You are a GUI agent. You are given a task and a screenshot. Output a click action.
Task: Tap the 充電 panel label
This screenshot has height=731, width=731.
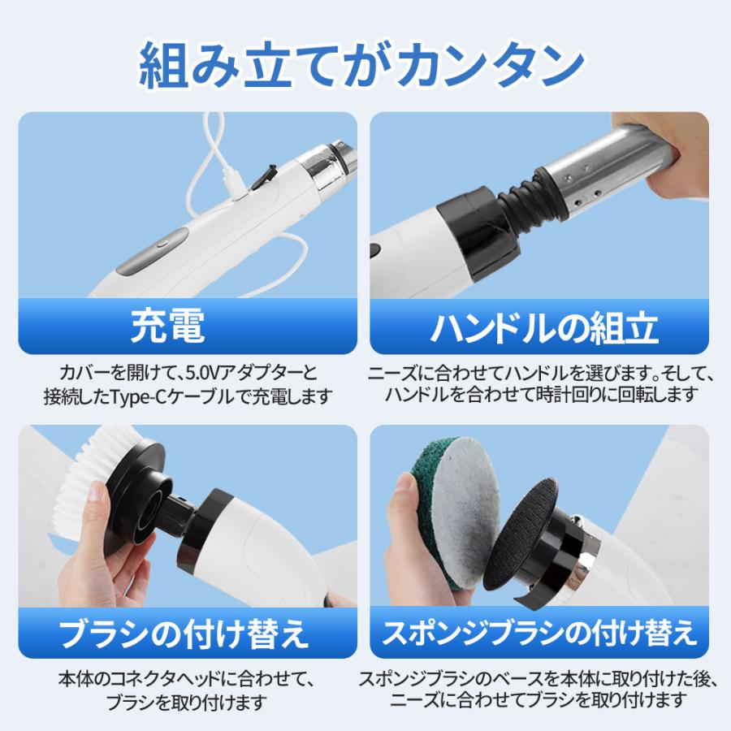pos(167,327)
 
